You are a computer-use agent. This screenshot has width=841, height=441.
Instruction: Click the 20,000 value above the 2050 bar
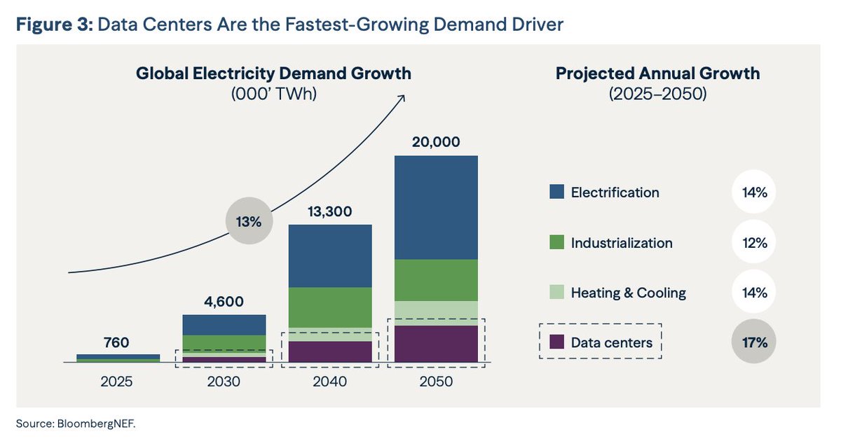436,142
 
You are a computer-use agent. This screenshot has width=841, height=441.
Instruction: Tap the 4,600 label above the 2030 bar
224,302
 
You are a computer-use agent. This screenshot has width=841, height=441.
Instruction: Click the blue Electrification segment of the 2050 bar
436,207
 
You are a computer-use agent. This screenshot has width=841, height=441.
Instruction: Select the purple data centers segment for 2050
436,344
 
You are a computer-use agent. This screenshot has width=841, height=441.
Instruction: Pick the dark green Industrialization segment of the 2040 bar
330,307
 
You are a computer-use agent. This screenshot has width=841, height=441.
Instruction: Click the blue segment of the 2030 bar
224,325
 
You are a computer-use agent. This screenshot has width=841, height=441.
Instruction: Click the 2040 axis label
330,382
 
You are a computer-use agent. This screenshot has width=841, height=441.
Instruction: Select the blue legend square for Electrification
556,192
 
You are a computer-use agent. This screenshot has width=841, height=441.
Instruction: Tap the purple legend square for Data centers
556,342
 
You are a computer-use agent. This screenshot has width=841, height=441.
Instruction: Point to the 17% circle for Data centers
756,343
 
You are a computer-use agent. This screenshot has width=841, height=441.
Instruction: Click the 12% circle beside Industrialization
756,243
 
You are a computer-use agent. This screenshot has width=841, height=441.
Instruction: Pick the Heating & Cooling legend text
628,293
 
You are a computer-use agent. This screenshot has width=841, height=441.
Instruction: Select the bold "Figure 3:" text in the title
54,25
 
